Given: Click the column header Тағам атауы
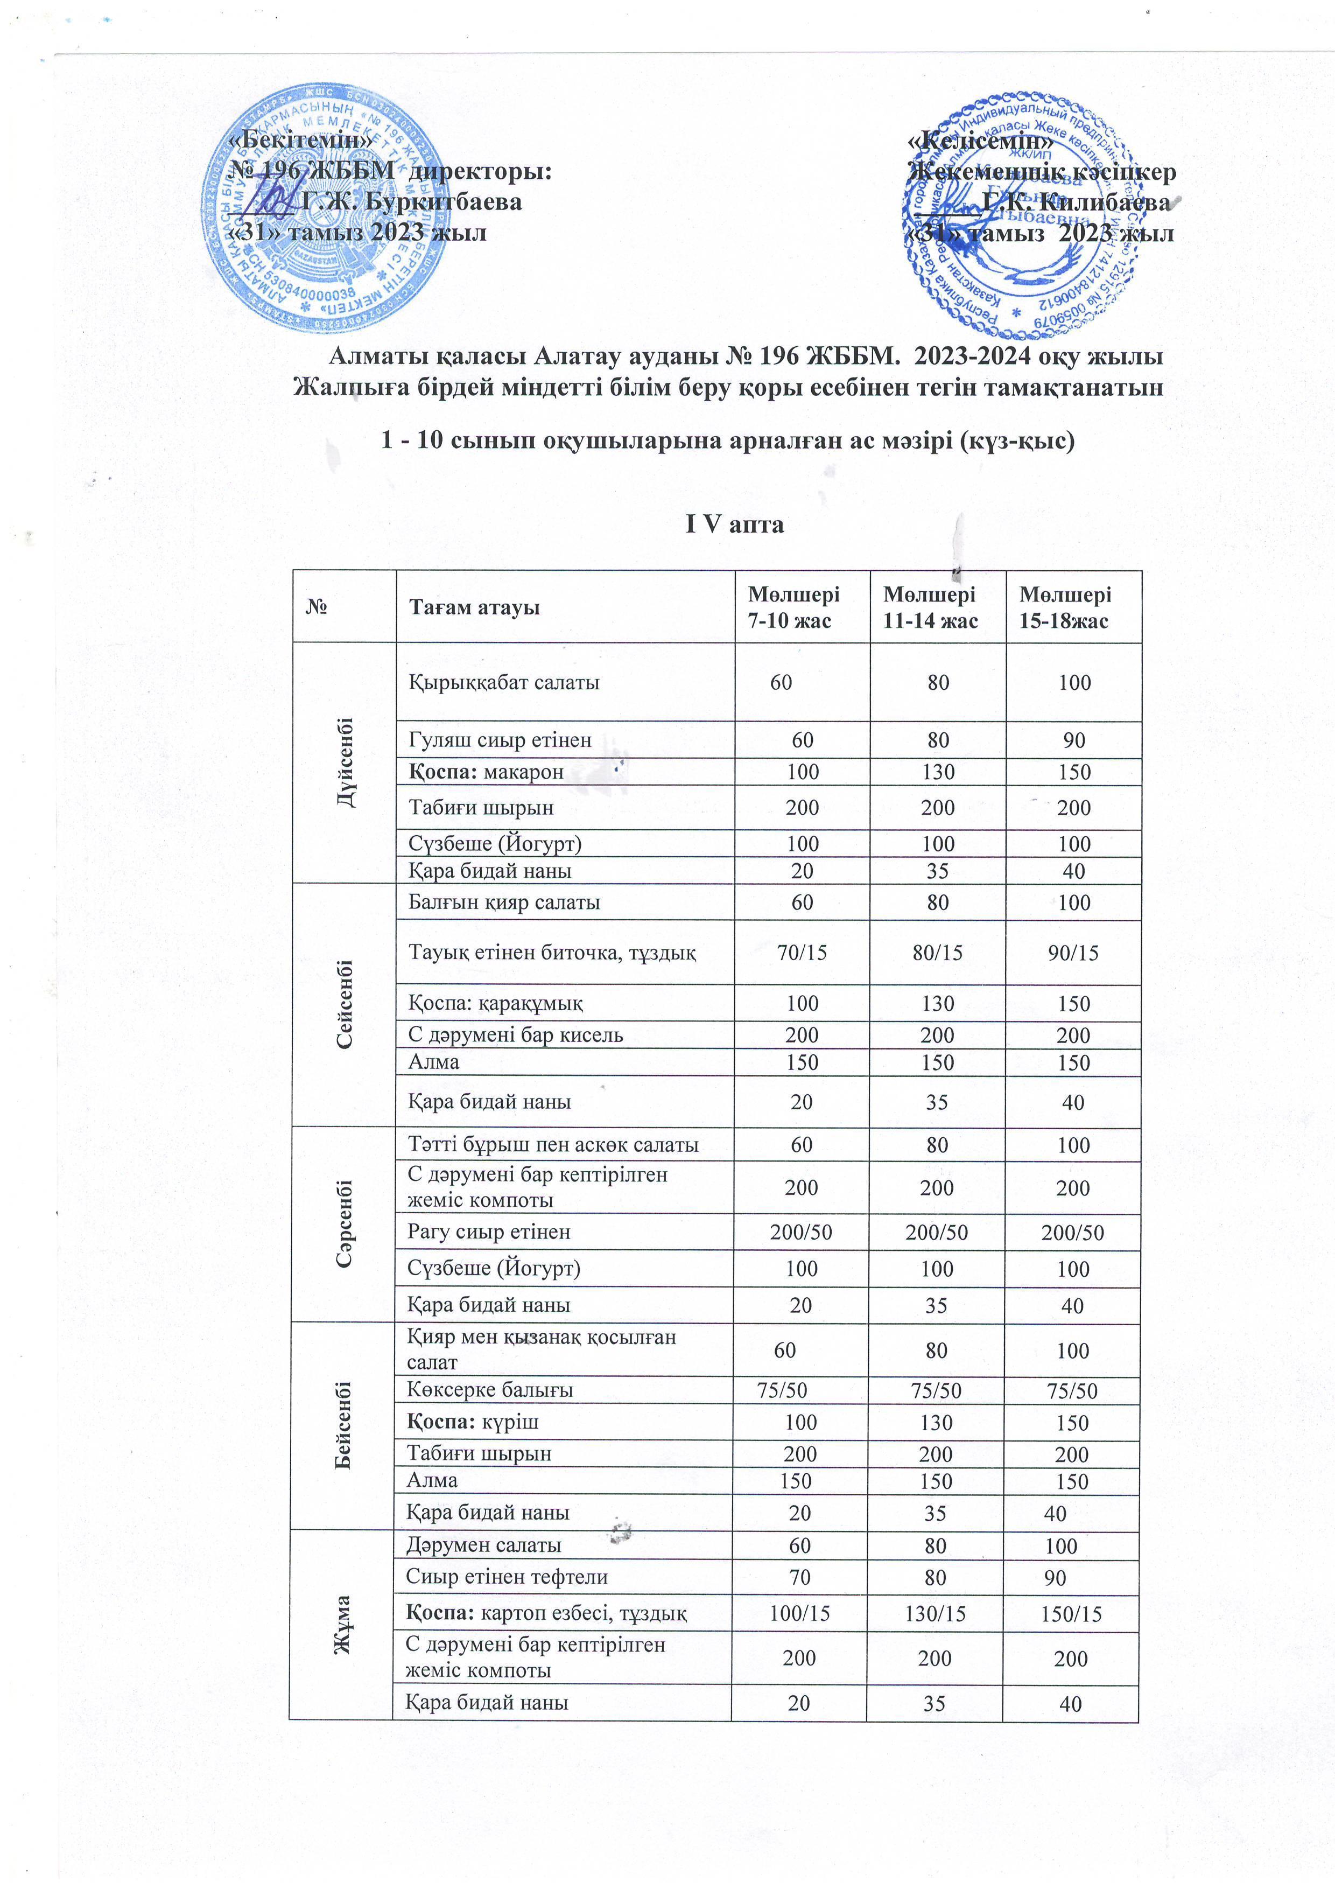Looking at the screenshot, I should click(475, 607).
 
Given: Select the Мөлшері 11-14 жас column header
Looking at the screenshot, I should click(930, 607).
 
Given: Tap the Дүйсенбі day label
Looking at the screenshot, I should click(345, 762).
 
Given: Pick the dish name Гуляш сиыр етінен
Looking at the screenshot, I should click(500, 740).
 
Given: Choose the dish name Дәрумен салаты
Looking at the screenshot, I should click(483, 1544).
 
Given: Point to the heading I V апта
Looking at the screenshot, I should click(735, 524).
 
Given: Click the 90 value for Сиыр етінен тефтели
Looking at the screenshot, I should click(1055, 1577).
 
